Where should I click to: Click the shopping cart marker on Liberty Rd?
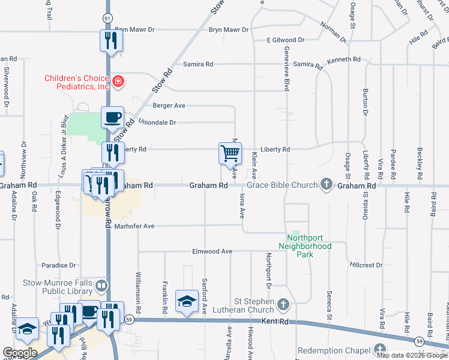coord(231,154)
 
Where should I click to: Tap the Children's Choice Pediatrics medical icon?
coord(118,81)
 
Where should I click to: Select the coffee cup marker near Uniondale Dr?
coord(112,117)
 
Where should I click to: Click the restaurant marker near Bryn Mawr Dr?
coord(110,40)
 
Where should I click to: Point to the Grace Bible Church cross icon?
coord(327,184)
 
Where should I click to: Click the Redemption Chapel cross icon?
coord(379,349)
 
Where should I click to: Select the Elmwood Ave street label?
coord(212,251)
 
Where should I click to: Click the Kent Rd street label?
coord(276,322)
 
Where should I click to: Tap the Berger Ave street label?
coord(169,106)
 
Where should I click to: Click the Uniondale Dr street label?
coord(157,122)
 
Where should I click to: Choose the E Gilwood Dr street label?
coord(286,40)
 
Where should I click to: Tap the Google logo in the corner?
coord(20,353)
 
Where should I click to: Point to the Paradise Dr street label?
coord(59,265)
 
